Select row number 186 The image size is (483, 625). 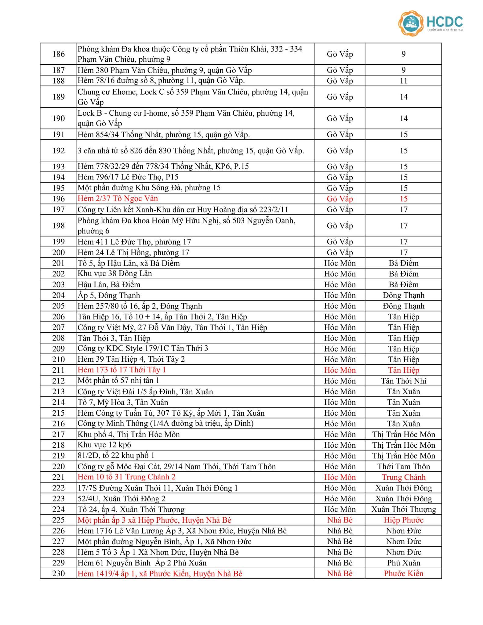click(58, 54)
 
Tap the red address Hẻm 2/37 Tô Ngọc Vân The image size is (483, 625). click(118, 199)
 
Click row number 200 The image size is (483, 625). click(58, 252)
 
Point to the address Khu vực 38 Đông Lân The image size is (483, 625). click(114, 273)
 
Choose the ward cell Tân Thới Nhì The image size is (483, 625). click(403, 381)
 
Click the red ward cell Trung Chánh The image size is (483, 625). click(403, 477)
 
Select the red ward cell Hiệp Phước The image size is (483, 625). click(403, 520)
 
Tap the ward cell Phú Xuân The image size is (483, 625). click(403, 563)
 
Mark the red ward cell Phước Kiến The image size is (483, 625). click(403, 573)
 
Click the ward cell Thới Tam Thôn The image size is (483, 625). click(403, 466)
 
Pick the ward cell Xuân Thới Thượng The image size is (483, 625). click(403, 509)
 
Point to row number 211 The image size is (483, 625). click(58, 370)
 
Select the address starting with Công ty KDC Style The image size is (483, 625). click(143, 349)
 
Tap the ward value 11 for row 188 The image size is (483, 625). click(403, 81)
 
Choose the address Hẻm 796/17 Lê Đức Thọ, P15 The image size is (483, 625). click(128, 177)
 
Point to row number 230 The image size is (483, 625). click(58, 573)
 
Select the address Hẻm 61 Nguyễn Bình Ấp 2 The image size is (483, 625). click(142, 563)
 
